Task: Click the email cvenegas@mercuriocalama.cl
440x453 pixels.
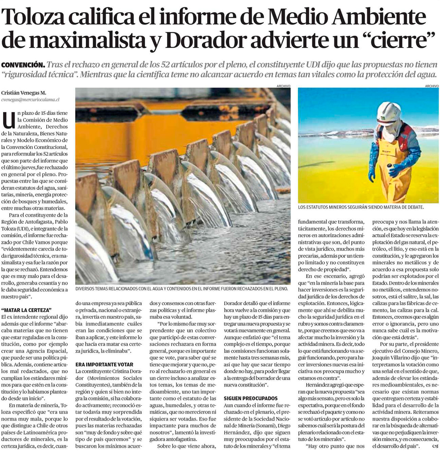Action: click(x=30, y=100)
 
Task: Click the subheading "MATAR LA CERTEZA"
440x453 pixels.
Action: click(x=26, y=310)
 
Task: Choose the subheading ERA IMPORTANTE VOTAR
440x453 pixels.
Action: click(x=104, y=365)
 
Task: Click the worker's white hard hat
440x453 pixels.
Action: click(x=389, y=112)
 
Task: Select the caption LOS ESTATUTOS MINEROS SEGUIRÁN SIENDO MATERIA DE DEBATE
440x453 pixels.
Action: click(x=361, y=207)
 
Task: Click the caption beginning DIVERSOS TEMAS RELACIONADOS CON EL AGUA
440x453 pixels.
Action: click(x=181, y=289)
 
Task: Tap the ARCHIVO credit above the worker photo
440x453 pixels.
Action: click(x=432, y=86)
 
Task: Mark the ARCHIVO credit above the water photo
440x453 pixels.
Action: click(x=283, y=86)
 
